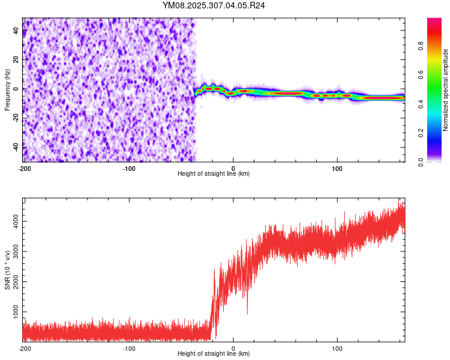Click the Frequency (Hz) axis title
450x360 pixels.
[x=7, y=90]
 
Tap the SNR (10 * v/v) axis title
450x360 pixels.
[x=7, y=269]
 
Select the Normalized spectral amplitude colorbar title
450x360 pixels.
[x=445, y=90]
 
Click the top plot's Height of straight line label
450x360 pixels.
[x=214, y=173]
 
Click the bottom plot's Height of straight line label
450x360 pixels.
[x=214, y=353]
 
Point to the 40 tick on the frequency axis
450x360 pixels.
[x=16, y=31]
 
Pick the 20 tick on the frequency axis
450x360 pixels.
[x=16, y=60]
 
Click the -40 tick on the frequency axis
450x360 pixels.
[x=16, y=146]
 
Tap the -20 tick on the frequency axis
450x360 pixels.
[x=16, y=117]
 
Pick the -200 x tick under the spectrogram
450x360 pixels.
[x=24, y=167]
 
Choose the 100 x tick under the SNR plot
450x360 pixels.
[x=337, y=347]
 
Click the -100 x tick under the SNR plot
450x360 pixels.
[x=128, y=347]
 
